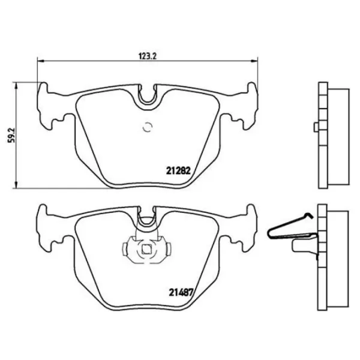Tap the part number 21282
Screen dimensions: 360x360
[x=178, y=170]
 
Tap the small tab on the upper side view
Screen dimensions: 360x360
[x=315, y=127]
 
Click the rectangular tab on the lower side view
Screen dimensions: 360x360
[x=304, y=245]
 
